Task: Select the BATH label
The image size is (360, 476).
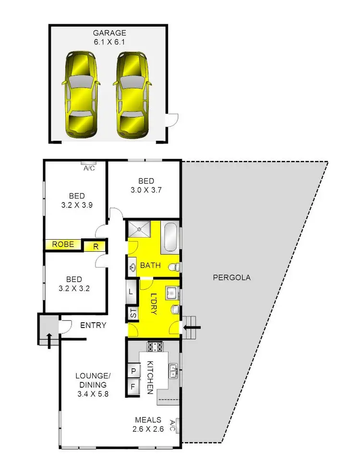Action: (x=149, y=265)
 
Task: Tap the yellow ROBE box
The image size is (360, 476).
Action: (x=63, y=244)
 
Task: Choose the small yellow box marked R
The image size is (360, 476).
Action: (x=96, y=247)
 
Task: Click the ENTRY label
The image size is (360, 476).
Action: (x=93, y=325)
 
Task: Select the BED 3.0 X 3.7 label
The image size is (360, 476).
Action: (x=146, y=185)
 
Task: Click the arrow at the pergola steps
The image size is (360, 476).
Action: (x=193, y=329)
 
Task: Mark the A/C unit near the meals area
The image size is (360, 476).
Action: (x=178, y=425)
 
